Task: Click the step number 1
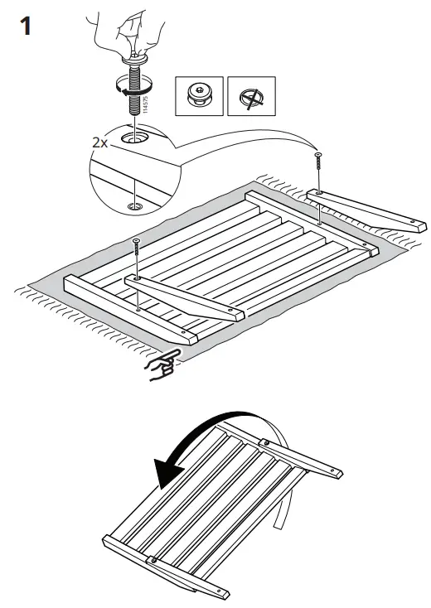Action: (26, 27)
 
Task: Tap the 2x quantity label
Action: (101, 142)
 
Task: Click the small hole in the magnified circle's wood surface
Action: (133, 204)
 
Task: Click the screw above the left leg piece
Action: (137, 249)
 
